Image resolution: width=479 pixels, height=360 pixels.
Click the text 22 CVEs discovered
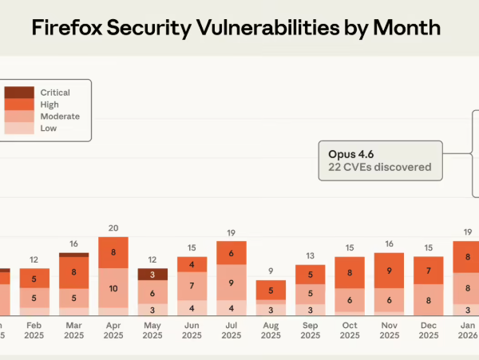(x=380, y=168)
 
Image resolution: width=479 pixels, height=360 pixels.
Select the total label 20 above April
(x=113, y=227)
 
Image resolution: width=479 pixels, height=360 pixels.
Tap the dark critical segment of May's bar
(x=152, y=275)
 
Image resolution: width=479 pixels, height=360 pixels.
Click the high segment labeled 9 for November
(x=389, y=271)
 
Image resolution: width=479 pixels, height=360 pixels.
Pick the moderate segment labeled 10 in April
(x=113, y=288)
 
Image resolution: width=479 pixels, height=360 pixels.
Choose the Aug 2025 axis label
(x=271, y=330)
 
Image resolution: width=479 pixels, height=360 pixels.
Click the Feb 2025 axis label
(x=34, y=330)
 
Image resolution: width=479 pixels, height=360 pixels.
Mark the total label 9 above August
(x=271, y=271)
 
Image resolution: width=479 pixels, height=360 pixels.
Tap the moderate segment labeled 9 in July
(x=232, y=282)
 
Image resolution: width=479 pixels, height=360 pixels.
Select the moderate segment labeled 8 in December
(x=428, y=300)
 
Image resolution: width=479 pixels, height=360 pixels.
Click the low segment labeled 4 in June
(x=192, y=308)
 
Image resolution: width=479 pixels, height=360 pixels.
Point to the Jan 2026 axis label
(x=467, y=330)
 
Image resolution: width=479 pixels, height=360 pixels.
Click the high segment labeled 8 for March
(x=74, y=271)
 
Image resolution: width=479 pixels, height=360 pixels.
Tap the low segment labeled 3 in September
(x=310, y=309)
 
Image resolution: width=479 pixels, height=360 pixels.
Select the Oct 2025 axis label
(x=349, y=330)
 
